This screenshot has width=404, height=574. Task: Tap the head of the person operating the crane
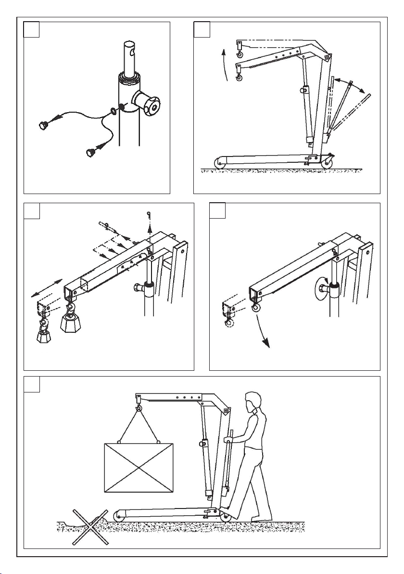tap(253, 404)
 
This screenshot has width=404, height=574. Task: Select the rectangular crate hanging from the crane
tap(139, 468)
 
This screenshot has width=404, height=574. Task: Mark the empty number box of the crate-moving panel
tap(32, 384)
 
